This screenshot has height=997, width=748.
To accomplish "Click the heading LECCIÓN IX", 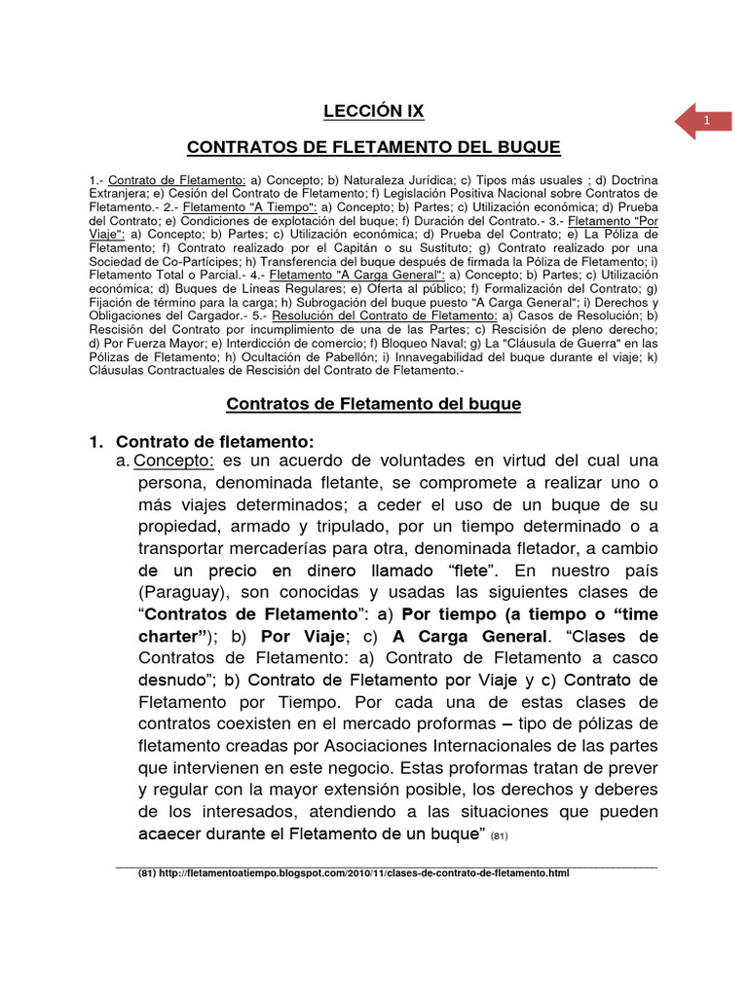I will (x=374, y=111).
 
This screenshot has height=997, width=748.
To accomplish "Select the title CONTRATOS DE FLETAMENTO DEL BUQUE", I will (x=374, y=148).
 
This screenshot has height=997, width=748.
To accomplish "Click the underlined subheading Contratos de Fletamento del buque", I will (x=374, y=404).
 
